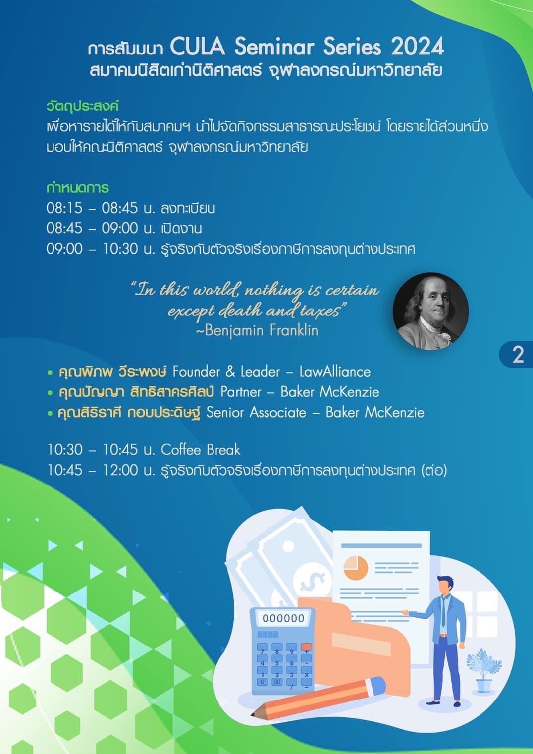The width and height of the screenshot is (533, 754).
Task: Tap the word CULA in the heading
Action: [197, 47]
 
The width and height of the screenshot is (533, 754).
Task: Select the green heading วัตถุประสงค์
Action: [83, 107]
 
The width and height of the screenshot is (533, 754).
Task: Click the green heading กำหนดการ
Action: [78, 187]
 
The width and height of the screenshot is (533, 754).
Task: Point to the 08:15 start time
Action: [64, 208]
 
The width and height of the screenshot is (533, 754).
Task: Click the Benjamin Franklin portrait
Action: [430, 311]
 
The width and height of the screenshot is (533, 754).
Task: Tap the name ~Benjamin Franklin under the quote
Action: [257, 330]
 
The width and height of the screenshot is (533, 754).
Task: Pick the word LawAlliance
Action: [335, 372]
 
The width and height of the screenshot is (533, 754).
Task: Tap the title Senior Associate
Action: [256, 413]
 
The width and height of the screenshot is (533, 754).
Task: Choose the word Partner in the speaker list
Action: [241, 392]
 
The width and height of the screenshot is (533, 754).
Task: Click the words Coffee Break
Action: [201, 450]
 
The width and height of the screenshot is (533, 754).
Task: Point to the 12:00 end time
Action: [120, 471]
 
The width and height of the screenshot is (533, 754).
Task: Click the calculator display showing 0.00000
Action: [283, 618]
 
